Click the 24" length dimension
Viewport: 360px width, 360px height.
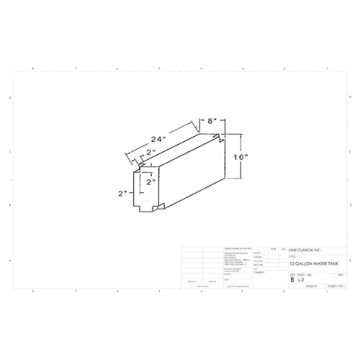click(159, 138)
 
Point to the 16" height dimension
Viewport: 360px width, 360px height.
click(240, 156)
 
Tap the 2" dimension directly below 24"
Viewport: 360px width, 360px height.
click(150, 153)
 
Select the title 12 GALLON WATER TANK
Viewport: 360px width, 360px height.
click(315, 264)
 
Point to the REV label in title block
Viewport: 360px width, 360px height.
click(341, 274)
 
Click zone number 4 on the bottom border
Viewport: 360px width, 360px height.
click(201, 292)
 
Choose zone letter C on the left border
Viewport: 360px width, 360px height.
click(9, 152)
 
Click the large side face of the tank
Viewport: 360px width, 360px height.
click(191, 173)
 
